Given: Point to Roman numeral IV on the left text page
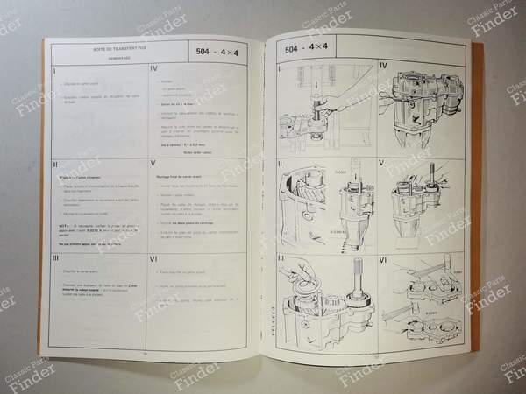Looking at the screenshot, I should point(154,69).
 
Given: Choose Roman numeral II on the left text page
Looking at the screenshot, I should point(56,163).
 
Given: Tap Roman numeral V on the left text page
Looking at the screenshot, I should point(154,164).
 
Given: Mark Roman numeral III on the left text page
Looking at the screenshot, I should point(56,258).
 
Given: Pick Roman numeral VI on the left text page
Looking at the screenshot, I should point(154,259).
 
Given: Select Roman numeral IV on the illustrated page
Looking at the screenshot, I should point(383,65).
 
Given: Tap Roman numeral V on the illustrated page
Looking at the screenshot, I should point(383,163).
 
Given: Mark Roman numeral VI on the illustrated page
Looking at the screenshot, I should point(385,260).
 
